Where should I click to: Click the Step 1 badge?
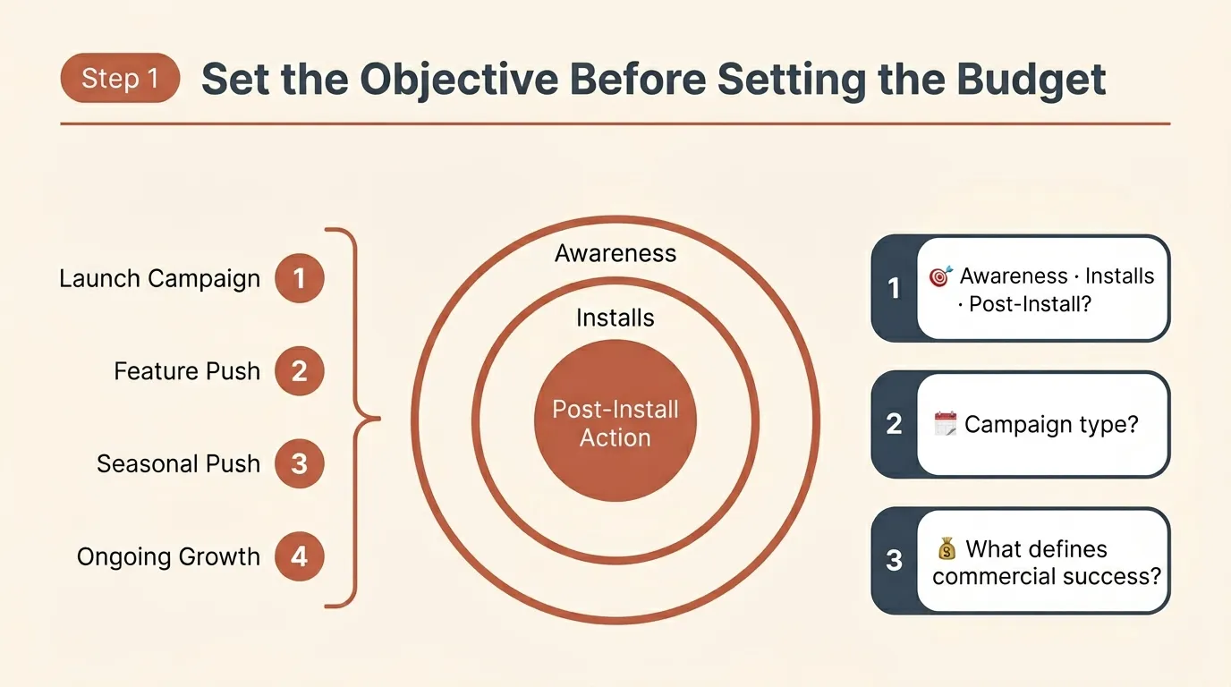[120, 79]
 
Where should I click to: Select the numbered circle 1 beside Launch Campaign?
[299, 278]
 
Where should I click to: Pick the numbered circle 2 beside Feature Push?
[299, 371]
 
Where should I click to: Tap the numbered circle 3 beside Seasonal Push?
[299, 463]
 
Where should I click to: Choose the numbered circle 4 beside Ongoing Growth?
[299, 556]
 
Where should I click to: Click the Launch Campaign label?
[160, 278]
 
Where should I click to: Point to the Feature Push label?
[187, 371]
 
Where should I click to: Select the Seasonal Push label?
[179, 464]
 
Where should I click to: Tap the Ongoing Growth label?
[168, 557]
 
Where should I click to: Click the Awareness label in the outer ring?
[615, 253]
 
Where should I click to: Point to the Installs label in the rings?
[615, 318]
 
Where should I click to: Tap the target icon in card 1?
[940, 276]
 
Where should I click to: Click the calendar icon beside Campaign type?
[945, 423]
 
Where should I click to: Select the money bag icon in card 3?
[947, 548]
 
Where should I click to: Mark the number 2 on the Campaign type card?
[894, 424]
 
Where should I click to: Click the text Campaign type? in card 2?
[1051, 423]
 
